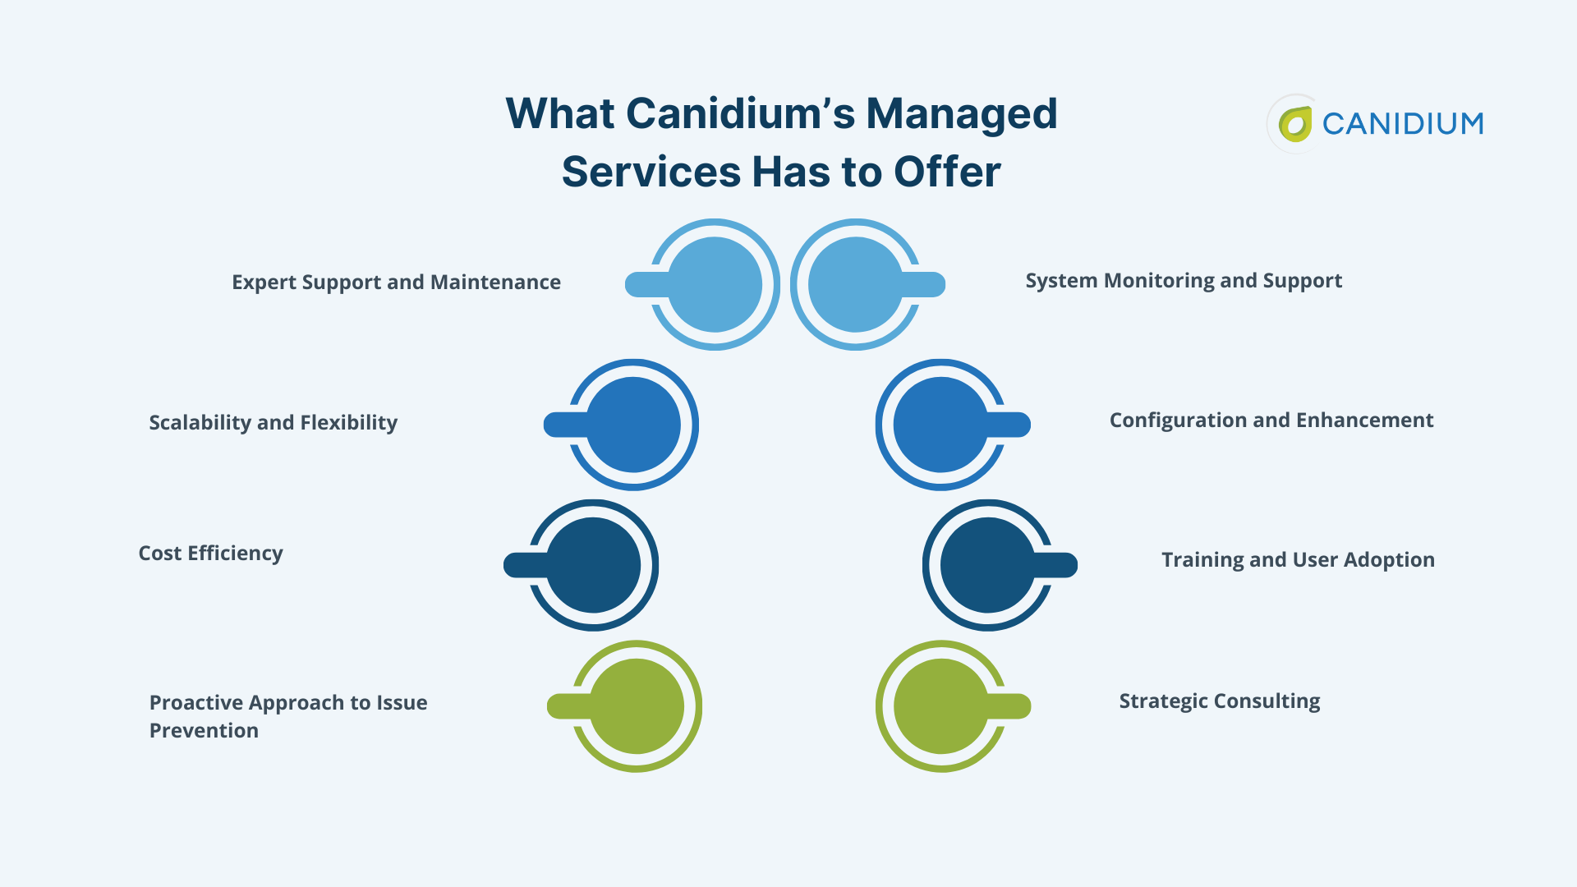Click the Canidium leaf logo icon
click(x=1295, y=124)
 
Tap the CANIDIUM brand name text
click(x=1402, y=124)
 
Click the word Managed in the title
click(x=961, y=113)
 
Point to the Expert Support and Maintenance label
click(x=396, y=283)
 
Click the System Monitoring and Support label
click(x=1184, y=281)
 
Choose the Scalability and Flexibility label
click(x=273, y=423)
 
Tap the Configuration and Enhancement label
click(x=1271, y=421)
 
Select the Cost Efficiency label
click(x=210, y=554)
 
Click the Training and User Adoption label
click(x=1298, y=560)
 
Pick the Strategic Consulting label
click(x=1220, y=701)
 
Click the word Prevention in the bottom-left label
click(x=204, y=731)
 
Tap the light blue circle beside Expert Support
click(x=715, y=285)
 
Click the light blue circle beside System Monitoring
click(x=856, y=285)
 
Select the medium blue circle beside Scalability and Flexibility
click(x=633, y=425)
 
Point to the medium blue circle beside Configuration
click(x=940, y=425)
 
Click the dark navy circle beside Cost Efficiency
click(x=593, y=565)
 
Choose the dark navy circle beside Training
click(x=988, y=565)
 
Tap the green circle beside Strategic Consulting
click(x=941, y=706)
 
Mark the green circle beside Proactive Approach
click(x=637, y=706)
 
